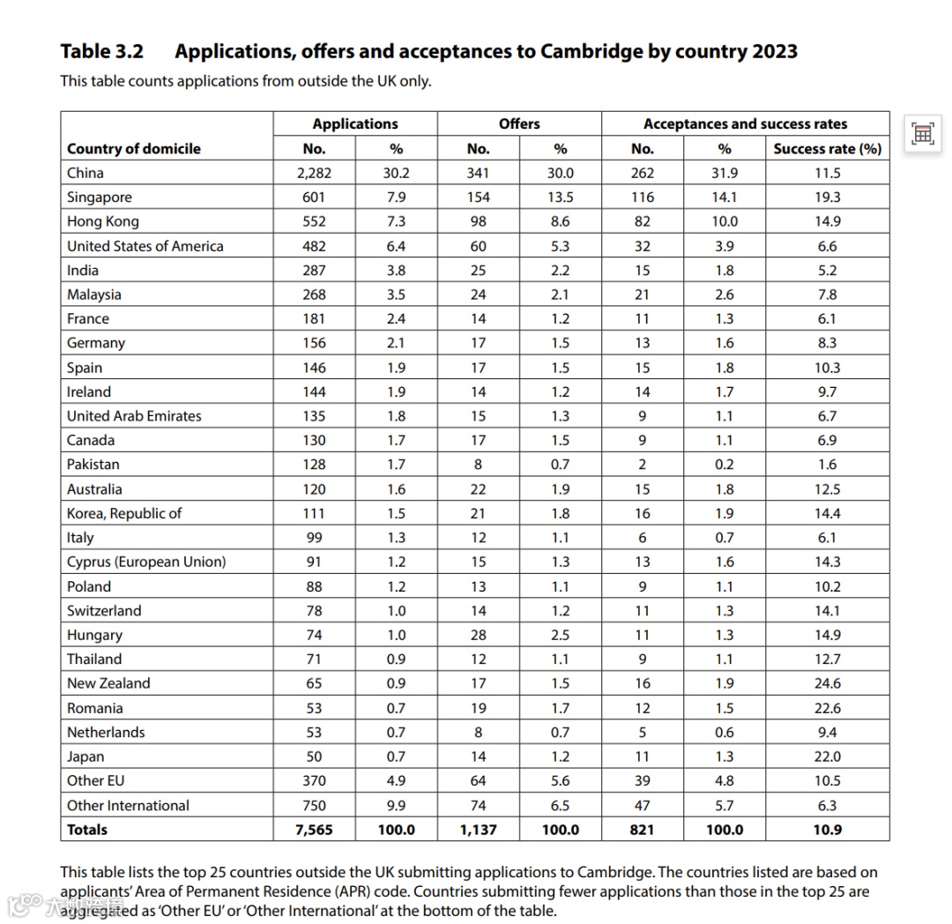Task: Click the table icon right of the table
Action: [x=922, y=133]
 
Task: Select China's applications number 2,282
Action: [x=314, y=173]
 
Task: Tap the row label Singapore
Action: [x=100, y=197]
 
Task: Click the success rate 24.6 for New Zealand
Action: [x=827, y=683]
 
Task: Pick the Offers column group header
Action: [x=519, y=123]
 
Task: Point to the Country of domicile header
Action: [x=134, y=148]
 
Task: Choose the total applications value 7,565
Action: [x=314, y=830]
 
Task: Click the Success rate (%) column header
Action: [x=827, y=148]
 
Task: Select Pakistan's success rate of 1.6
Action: [x=827, y=465]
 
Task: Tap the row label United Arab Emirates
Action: [x=134, y=416]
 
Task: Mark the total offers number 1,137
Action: [x=478, y=830]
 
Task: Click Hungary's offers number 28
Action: [x=478, y=635]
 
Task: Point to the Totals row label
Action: [x=87, y=830]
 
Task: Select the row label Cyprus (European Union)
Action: [x=146, y=562]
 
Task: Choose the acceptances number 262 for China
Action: [x=643, y=173]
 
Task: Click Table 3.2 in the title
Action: [x=101, y=51]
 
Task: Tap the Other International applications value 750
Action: [x=314, y=805]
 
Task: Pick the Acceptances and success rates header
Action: [x=745, y=123]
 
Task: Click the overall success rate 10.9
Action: [x=827, y=830]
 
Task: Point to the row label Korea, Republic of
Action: [x=124, y=513]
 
